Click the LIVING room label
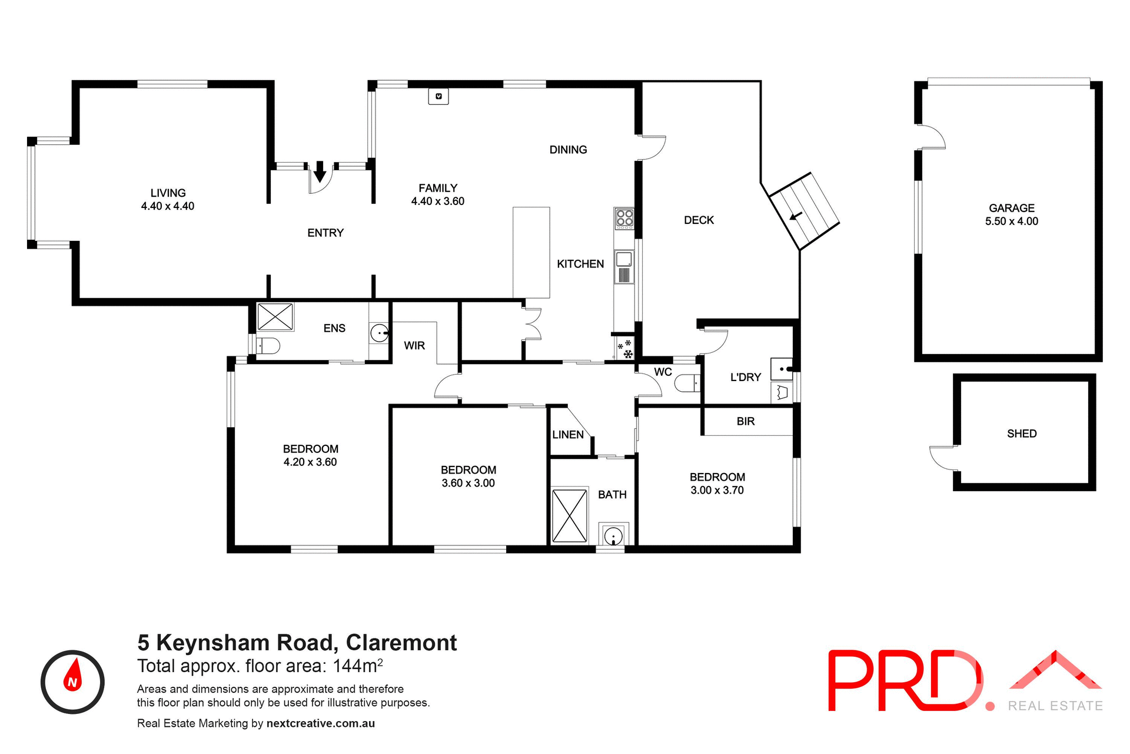point(168,193)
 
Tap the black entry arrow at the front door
point(320,171)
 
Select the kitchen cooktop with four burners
point(624,219)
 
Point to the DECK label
point(699,220)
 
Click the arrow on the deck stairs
point(796,217)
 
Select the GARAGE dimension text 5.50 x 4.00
point(1012,221)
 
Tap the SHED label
point(1022,434)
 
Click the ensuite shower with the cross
point(275,316)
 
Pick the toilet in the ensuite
point(268,346)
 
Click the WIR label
point(414,346)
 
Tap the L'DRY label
point(746,378)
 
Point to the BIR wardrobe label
point(746,421)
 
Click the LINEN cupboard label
point(568,435)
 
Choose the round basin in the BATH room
point(613,537)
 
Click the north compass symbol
point(72,682)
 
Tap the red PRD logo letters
point(904,680)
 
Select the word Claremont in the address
point(401,643)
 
